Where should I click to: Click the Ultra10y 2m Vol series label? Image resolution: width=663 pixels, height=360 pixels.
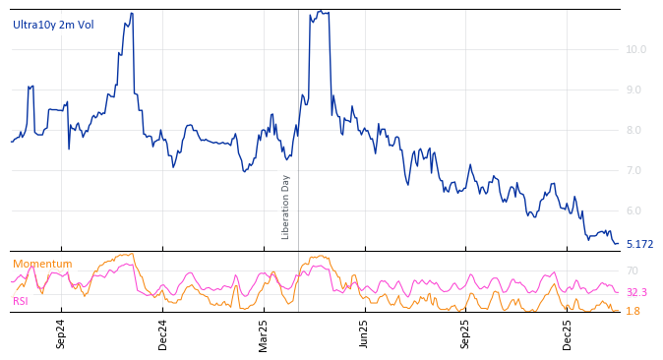click(53, 25)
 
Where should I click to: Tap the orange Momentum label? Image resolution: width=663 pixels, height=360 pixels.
click(42, 264)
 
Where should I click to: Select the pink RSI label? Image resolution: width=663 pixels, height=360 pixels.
click(21, 301)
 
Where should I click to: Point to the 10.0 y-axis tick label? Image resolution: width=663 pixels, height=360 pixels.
click(636, 49)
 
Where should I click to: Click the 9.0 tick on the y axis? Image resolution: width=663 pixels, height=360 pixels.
click(636, 90)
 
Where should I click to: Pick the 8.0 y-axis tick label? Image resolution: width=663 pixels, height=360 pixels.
click(636, 130)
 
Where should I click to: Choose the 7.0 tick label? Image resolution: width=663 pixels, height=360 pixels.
click(636, 170)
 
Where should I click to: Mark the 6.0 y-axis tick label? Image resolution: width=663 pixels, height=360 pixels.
click(636, 210)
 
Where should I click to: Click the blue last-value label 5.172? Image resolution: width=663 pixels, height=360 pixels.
click(639, 244)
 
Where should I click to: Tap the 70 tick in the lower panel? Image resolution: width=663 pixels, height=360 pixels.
click(633, 270)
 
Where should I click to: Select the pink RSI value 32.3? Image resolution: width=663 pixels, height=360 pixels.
click(636, 292)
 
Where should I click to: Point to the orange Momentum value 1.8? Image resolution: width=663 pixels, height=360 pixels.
click(633, 311)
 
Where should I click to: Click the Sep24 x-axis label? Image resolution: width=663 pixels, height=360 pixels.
click(61, 333)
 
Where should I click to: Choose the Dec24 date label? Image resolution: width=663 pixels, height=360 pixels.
click(163, 333)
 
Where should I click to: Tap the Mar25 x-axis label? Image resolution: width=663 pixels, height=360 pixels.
click(264, 333)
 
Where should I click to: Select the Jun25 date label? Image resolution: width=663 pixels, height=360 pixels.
click(364, 333)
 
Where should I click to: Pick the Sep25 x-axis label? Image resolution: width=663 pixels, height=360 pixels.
click(465, 333)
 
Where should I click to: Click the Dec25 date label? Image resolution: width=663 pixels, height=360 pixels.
click(568, 333)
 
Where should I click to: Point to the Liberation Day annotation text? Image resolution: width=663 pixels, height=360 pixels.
click(286, 207)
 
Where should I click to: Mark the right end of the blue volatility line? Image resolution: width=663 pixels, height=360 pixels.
click(618, 243)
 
